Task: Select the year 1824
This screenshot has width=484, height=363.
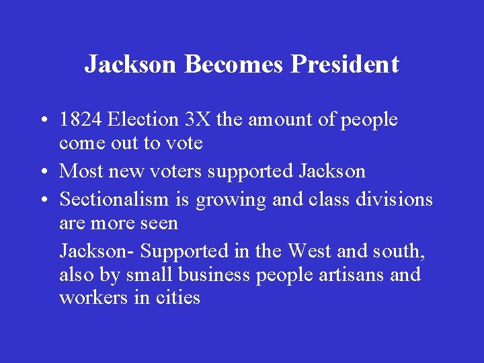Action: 81,120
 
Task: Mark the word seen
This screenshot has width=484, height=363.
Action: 159,223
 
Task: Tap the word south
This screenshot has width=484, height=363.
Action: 396,251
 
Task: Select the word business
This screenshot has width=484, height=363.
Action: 209,275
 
